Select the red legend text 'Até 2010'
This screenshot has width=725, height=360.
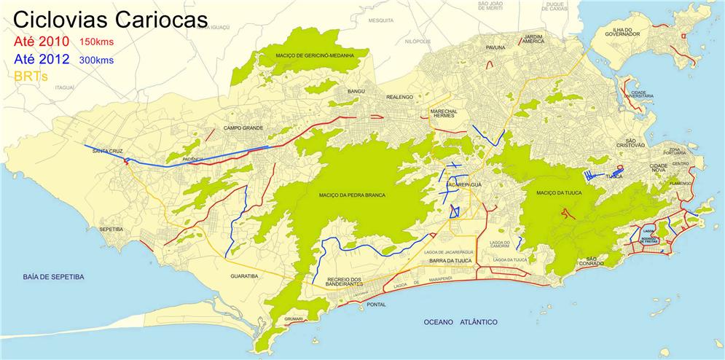[x=41, y=41]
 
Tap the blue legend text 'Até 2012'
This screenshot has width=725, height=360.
[x=41, y=60]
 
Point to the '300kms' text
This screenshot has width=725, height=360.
[x=96, y=60]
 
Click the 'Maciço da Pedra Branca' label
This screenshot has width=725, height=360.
[x=353, y=195]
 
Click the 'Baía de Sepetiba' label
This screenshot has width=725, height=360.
[x=53, y=277]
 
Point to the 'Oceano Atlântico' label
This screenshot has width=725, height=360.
[x=460, y=321]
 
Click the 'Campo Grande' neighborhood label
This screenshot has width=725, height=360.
[x=242, y=128]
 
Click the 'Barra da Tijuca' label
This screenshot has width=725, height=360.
[x=452, y=260]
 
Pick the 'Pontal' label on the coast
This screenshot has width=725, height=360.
[x=376, y=305]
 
